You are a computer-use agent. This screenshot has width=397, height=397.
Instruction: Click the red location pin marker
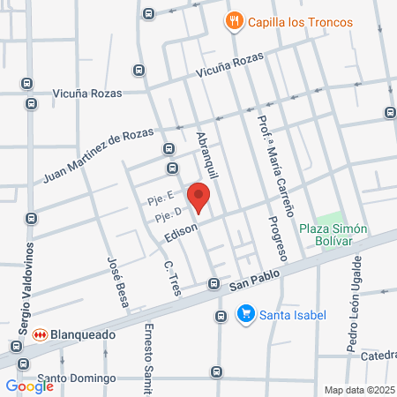(x=198, y=198)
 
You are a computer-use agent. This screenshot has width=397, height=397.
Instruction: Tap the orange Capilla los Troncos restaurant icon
(x=233, y=20)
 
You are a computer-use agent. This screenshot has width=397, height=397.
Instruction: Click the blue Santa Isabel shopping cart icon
(x=247, y=313)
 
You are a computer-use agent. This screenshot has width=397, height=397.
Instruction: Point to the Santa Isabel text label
(x=294, y=314)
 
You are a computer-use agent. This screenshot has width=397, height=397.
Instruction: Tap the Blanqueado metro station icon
(x=39, y=336)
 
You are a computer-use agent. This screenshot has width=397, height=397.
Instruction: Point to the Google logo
(x=29, y=386)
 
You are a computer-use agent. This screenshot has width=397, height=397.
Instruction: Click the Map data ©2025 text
(x=359, y=389)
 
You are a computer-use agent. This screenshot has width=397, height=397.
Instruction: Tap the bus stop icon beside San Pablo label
(x=213, y=284)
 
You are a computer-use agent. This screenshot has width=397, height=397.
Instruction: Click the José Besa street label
(x=118, y=281)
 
